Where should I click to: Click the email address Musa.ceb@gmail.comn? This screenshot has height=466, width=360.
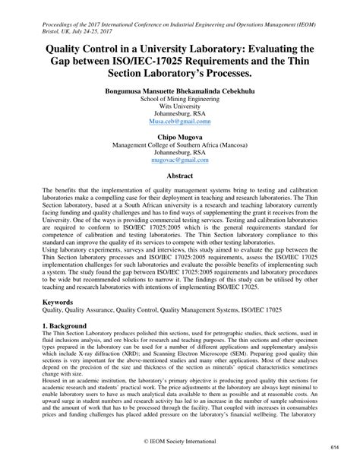(x=180, y=120)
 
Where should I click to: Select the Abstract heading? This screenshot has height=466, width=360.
(x=179, y=175)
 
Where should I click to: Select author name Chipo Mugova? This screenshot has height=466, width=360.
(x=180, y=137)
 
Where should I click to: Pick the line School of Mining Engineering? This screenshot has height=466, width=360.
(x=180, y=100)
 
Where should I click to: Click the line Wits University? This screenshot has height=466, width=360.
(x=180, y=106)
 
